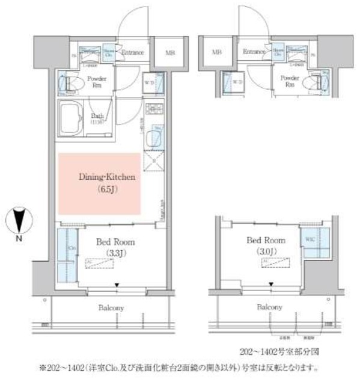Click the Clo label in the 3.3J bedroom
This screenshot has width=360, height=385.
click(72, 247)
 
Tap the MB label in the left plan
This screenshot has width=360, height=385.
click(171, 52)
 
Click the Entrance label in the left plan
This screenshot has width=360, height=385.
click(132, 52)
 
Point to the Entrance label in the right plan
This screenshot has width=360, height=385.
click(255, 52)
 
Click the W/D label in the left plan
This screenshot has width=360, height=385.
click(150, 82)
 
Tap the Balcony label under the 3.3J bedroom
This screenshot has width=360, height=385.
click(111, 307)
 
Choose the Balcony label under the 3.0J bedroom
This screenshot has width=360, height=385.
click(270, 307)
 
